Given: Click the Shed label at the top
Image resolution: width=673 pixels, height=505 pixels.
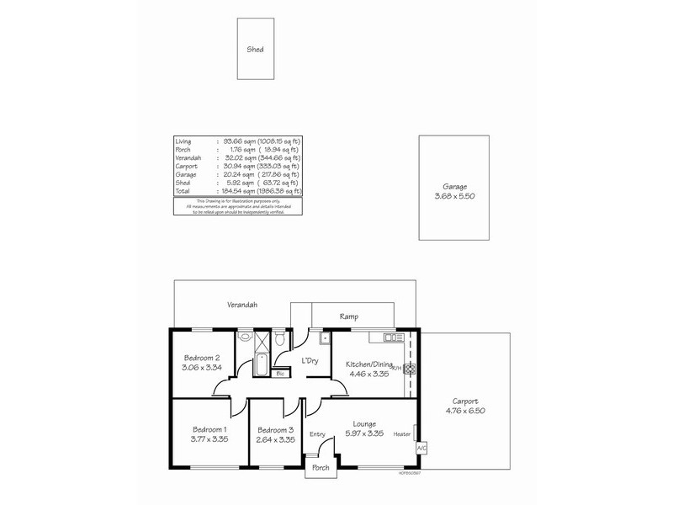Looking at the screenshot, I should pyautogui.click(x=255, y=50).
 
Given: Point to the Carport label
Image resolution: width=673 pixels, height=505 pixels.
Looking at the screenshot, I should pyautogui.click(x=465, y=401).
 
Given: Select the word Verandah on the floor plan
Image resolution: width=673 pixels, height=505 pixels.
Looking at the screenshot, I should pyautogui.click(x=241, y=304).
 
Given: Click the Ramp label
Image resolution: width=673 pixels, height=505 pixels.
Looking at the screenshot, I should pyautogui.click(x=349, y=316).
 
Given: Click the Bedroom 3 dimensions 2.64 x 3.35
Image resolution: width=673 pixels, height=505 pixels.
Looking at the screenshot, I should pyautogui.click(x=276, y=439).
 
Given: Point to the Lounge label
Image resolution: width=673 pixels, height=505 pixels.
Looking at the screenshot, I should pyautogui.click(x=364, y=423).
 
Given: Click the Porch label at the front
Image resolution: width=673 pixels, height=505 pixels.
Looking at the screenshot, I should pyautogui.click(x=321, y=467).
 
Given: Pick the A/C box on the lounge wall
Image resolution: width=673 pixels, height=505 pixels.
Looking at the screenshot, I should pyautogui.click(x=421, y=449).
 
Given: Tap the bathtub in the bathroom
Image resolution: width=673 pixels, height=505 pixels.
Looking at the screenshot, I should pyautogui.click(x=261, y=366).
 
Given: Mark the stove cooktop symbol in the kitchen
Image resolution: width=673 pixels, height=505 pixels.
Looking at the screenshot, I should pyautogui.click(x=411, y=368).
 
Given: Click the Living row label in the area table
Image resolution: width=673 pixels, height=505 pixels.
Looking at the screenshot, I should pyautogui.click(x=184, y=140).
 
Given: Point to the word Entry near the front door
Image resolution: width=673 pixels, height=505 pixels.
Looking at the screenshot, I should pyautogui.click(x=317, y=434).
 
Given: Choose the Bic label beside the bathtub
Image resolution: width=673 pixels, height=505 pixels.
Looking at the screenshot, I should pyautogui.click(x=279, y=375).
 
